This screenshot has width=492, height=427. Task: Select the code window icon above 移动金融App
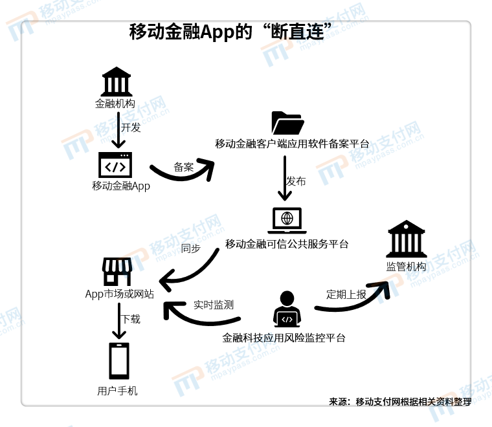[x=115, y=165]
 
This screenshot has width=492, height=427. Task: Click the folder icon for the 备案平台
[x=287, y=123]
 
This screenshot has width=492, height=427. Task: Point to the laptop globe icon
[x=287, y=220]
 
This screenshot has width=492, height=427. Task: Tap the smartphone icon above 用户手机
[x=118, y=361]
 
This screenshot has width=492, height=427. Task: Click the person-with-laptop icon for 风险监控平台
[x=287, y=309]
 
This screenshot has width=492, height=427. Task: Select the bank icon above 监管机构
[x=406, y=239]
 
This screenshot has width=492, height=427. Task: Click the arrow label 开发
[x=131, y=127]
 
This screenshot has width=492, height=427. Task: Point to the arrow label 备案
[x=183, y=167]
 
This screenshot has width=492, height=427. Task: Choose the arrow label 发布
[x=296, y=182]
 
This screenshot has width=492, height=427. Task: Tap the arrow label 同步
[x=190, y=248]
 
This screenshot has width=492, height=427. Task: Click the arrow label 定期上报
[x=346, y=294]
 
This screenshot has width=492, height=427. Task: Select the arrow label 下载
[x=131, y=319]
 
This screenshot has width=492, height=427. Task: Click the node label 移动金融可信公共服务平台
[x=287, y=244]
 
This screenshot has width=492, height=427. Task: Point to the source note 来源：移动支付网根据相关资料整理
[x=399, y=402]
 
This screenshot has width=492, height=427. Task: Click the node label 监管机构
[x=406, y=267]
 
